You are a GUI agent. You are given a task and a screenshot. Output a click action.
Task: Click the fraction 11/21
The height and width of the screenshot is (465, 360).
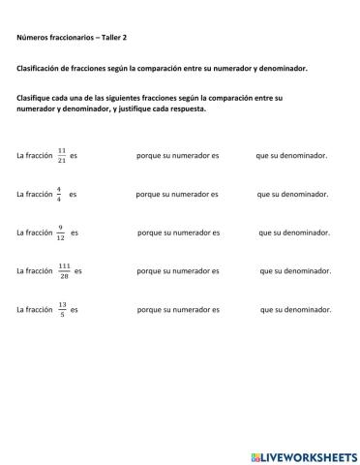click(61, 155)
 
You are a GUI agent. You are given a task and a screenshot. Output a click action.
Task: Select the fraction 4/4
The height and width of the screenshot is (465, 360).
click(58, 194)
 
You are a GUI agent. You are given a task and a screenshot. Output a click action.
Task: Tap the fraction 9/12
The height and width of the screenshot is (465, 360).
click(60, 232)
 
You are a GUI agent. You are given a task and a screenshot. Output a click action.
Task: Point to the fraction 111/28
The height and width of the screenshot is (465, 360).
click(64, 271)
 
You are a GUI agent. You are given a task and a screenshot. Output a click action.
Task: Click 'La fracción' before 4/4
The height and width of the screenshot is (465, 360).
click(34, 194)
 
